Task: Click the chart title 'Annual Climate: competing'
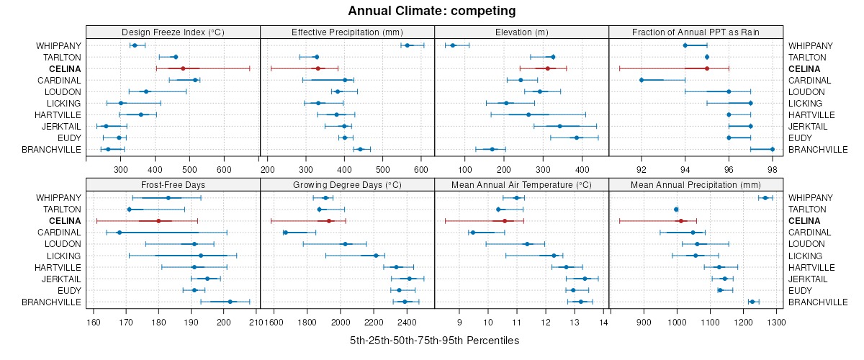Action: pyautogui.click(x=432, y=11)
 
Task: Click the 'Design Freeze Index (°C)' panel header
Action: pyautogui.click(x=173, y=32)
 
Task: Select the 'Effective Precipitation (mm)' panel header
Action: pyautogui.click(x=347, y=32)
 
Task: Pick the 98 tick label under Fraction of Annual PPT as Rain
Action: pyautogui.click(x=773, y=170)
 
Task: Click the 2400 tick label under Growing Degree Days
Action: pyautogui.click(x=406, y=322)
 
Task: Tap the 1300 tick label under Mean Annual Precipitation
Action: pyautogui.click(x=775, y=322)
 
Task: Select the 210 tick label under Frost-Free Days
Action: pyautogui.click(x=255, y=322)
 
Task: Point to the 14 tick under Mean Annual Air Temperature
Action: pyautogui.click(x=603, y=322)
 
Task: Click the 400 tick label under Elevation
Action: pyautogui.click(x=580, y=170)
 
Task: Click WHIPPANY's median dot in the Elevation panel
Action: pyautogui.click(x=453, y=45)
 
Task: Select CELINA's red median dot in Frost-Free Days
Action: pyautogui.click(x=158, y=221)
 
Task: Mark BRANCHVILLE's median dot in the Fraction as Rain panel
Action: pyautogui.click(x=773, y=149)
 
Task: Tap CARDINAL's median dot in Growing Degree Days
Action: pyautogui.click(x=286, y=233)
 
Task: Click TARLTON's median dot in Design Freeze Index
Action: pyautogui.click(x=175, y=57)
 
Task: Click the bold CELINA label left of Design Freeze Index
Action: pyautogui.click(x=65, y=68)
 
